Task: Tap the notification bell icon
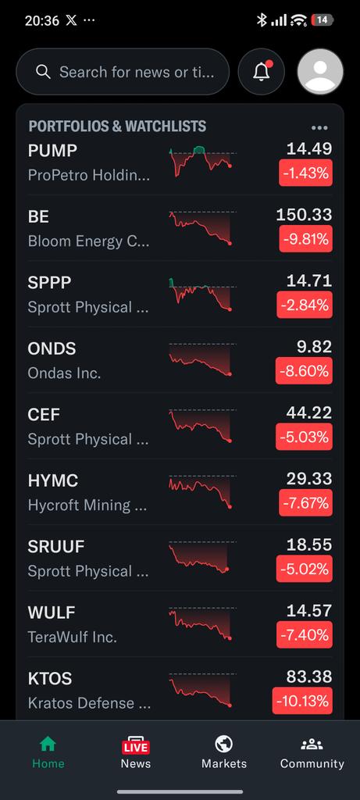pos(262,71)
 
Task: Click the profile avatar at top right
pos(320,71)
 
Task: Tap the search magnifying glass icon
pos(44,72)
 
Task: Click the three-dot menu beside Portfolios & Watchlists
pos(319,127)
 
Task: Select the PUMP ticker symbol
pos(52,151)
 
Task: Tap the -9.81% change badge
pos(305,238)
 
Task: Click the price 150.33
pos(304,214)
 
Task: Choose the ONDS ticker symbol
pos(52,348)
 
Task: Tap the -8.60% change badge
pos(304,370)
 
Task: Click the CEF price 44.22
pos(309,412)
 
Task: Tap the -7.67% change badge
pos(305,502)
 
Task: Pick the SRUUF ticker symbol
pos(56,546)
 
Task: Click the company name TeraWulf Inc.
pos(73,637)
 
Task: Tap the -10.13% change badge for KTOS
pos(302,701)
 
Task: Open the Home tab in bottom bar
pos(48,752)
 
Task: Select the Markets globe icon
pos(224,745)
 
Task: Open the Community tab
pos(312,752)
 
